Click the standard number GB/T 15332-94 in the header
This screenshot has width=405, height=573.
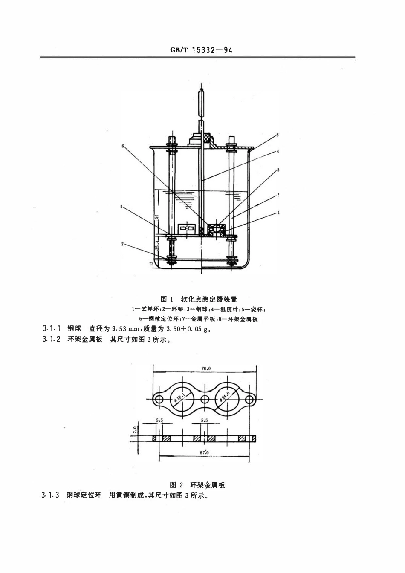pyautogui.click(x=201, y=50)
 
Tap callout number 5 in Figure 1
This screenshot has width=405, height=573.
pyautogui.click(x=278, y=135)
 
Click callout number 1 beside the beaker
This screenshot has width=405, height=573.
pyautogui.click(x=278, y=212)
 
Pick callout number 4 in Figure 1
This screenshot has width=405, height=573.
pyautogui.click(x=278, y=151)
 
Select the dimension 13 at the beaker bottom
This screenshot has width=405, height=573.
pyautogui.click(x=151, y=264)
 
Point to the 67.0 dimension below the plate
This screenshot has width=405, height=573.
pyautogui.click(x=204, y=452)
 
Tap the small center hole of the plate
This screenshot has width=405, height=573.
pyautogui.click(x=205, y=399)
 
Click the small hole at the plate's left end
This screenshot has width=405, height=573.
pyautogui.click(x=159, y=399)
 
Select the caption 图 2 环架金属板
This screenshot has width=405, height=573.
pyautogui.click(x=197, y=485)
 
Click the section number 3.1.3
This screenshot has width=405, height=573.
pyautogui.click(x=50, y=495)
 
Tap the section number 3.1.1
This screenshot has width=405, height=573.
pyautogui.click(x=52, y=328)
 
